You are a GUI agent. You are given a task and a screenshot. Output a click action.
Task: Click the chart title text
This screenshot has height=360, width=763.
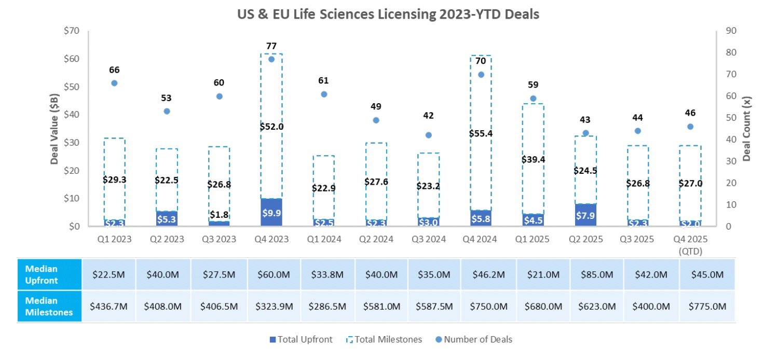pos(388,15)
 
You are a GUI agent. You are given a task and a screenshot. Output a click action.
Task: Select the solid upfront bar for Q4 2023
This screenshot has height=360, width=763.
pos(271,212)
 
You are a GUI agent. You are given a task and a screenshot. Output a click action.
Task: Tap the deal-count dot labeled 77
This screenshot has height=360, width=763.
pos(271,59)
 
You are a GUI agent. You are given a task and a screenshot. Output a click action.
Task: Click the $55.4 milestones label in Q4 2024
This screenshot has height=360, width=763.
pos(481,133)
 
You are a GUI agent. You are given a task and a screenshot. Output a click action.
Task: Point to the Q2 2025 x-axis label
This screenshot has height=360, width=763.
pos(585,239)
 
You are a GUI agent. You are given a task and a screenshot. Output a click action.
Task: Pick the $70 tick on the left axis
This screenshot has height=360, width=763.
pos(71,31)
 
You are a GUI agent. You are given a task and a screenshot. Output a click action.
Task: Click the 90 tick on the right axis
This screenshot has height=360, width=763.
pos(731,31)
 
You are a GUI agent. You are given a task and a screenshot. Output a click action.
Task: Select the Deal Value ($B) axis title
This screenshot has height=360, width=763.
pos(55,128)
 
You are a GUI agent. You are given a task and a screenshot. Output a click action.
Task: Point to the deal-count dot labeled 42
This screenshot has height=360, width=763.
pos(428,135)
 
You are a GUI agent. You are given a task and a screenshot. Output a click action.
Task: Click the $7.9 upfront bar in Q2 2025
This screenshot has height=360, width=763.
pos(585,214)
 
